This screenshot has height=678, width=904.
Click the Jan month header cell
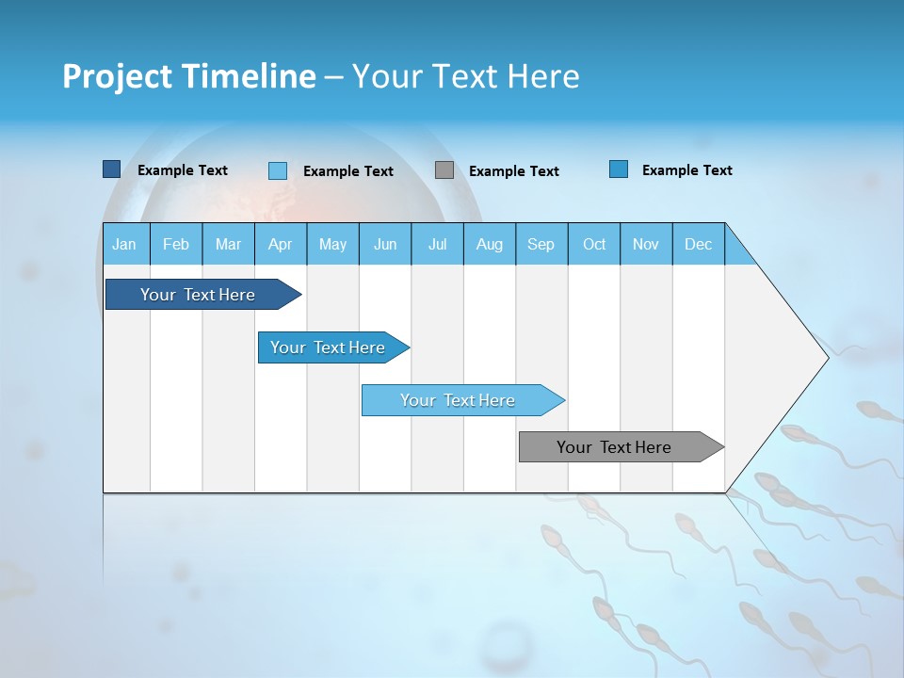tap(125, 244)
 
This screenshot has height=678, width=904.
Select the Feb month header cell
tap(176, 244)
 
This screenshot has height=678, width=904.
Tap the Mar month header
tap(228, 244)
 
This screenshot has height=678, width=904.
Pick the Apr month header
tap(281, 244)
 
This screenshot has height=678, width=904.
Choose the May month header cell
tap(332, 244)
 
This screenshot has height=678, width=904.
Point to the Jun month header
tap(385, 244)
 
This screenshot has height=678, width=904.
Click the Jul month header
tap(437, 244)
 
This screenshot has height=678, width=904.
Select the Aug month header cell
tap(490, 244)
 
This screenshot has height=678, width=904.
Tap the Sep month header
tap(541, 244)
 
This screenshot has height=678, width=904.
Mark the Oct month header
tap(594, 244)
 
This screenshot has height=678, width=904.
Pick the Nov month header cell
tap(646, 244)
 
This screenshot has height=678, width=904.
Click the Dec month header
tap(699, 244)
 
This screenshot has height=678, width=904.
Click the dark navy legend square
tap(111, 169)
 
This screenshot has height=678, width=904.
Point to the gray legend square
tap(444, 169)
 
